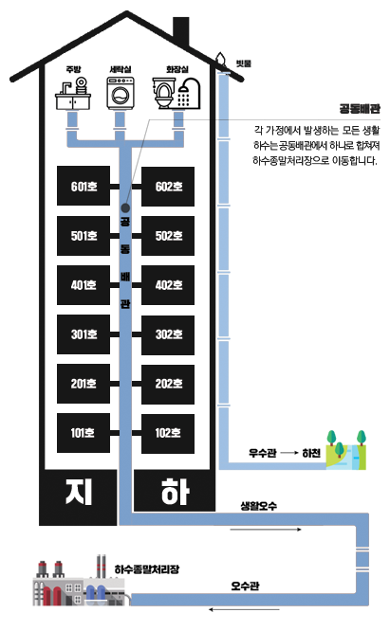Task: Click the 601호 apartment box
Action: pyautogui.click(x=84, y=186)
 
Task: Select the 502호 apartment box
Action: pyautogui.click(x=168, y=236)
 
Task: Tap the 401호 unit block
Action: pyautogui.click(x=84, y=285)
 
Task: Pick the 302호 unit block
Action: pyautogui.click(x=168, y=334)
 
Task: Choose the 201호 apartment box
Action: pyautogui.click(x=84, y=384)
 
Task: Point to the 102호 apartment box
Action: pyautogui.click(x=168, y=433)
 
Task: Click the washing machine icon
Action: pyautogui.click(x=121, y=94)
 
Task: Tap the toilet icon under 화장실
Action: pyautogui.click(x=163, y=94)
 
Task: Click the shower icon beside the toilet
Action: pyautogui.click(x=189, y=94)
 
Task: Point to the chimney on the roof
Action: pyautogui.click(x=181, y=33)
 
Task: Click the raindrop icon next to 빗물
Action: pyautogui.click(x=220, y=59)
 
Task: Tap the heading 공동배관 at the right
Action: pyautogui.click(x=360, y=109)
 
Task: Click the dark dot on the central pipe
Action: pyautogui.click(x=125, y=207)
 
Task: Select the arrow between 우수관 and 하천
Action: pyautogui.click(x=289, y=453)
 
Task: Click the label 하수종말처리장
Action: pyautogui.click(x=147, y=569)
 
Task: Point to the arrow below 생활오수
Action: pyautogui.click(x=266, y=530)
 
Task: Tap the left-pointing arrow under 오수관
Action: pyautogui.click(x=244, y=609)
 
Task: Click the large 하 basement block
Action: pyautogui.click(x=174, y=492)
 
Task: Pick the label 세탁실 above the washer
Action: pyautogui.click(x=121, y=69)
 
